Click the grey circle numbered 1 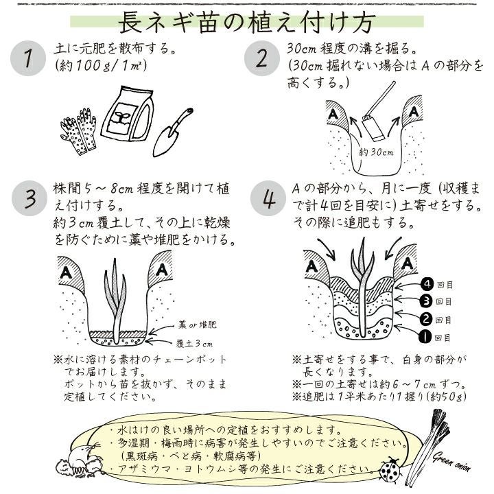(x=28, y=58)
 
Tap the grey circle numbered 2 (x=262, y=58)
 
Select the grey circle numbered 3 (x=30, y=198)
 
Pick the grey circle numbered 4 (x=268, y=198)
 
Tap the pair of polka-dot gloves (x=78, y=131)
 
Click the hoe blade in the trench (x=373, y=128)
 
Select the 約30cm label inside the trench (x=376, y=152)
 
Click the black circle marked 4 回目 (x=427, y=284)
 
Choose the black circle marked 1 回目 (x=425, y=338)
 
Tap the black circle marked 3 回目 (x=426, y=301)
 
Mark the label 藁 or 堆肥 (x=198, y=325)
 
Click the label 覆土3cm (x=194, y=344)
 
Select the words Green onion (x=451, y=461)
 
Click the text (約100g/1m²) (x=100, y=66)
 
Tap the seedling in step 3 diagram (x=115, y=301)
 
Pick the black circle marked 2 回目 (x=425, y=319)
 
